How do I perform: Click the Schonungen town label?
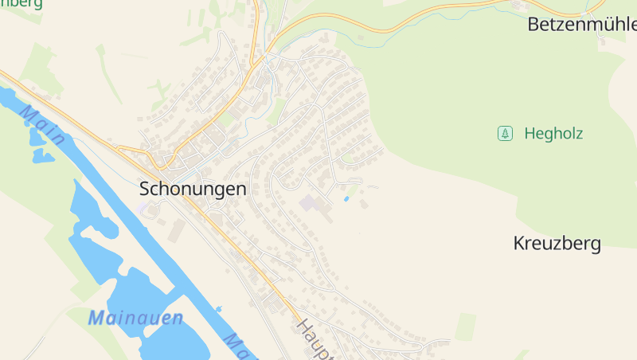(193, 189)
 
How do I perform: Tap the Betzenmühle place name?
(582, 25)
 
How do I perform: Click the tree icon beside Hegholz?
(505, 134)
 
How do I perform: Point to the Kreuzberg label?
(557, 244)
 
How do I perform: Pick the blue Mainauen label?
(135, 319)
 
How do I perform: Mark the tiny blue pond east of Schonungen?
(346, 198)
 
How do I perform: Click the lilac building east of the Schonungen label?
(309, 203)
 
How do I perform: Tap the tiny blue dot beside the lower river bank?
(218, 308)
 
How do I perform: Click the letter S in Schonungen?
(145, 189)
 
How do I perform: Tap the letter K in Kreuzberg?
(519, 244)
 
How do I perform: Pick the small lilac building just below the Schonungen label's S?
(143, 208)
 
